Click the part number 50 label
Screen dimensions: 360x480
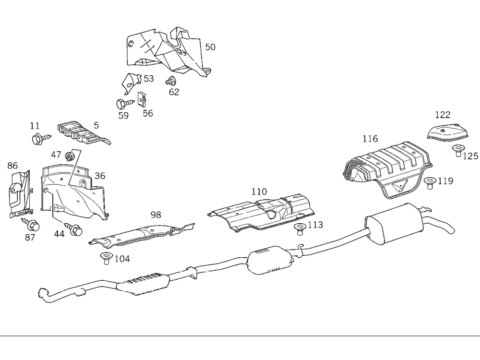[x=210, y=47]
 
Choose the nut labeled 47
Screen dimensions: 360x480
[x=70, y=156]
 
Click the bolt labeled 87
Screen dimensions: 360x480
[x=31, y=224]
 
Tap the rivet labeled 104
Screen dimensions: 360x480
[x=105, y=257]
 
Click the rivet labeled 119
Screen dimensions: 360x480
[x=430, y=182]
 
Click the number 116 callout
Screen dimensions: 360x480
[x=370, y=139]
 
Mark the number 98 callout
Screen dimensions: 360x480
[x=156, y=215]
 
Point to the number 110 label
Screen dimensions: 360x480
[x=259, y=192]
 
